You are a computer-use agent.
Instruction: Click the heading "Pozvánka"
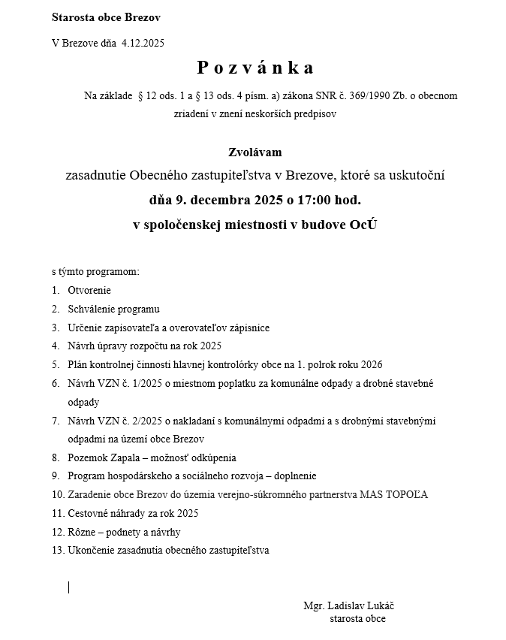[x=255, y=68]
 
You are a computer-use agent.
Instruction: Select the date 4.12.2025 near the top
[x=143, y=43]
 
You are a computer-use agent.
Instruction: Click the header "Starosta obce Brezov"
[x=106, y=17]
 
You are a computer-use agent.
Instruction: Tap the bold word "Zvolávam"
[x=255, y=152]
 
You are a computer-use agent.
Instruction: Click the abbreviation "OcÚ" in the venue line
[x=363, y=225]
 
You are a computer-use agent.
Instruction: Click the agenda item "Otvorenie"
[x=89, y=290]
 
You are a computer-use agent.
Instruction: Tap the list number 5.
[x=56, y=365]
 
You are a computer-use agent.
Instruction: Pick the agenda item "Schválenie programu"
[x=113, y=309]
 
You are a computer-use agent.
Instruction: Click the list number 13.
[x=58, y=550]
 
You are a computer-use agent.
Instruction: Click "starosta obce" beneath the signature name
[x=357, y=619]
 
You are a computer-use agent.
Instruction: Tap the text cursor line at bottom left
[x=68, y=587]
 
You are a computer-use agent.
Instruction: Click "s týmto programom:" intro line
[x=95, y=271]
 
